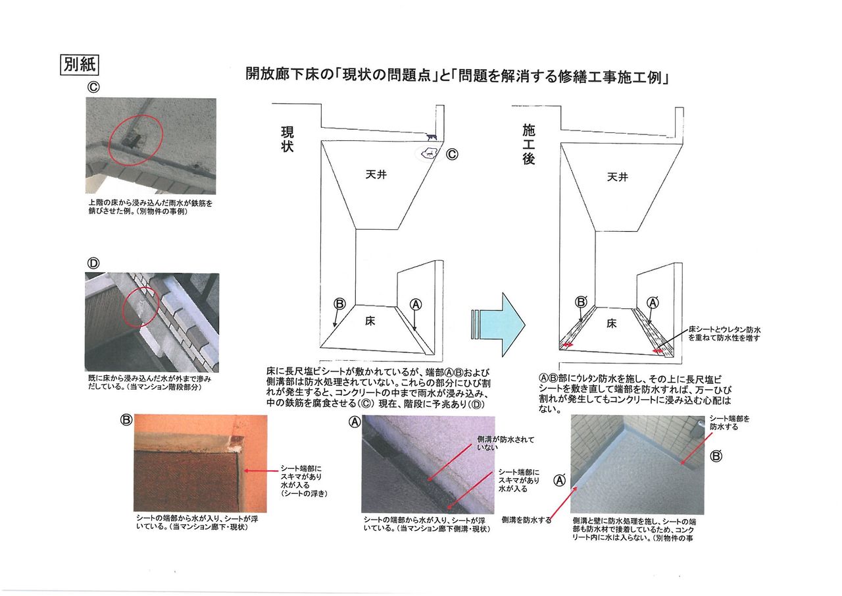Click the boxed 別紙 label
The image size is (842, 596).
click(x=80, y=65)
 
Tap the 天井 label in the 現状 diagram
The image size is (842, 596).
click(x=378, y=175)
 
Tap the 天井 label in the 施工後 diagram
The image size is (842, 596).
click(x=617, y=176)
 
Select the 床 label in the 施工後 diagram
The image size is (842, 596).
click(x=612, y=323)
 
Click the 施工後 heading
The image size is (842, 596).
click(x=529, y=145)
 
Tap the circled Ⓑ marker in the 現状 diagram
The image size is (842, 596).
click(x=339, y=304)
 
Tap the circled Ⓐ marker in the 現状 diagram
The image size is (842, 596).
click(x=415, y=304)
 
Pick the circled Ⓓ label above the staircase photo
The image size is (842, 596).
click(x=93, y=263)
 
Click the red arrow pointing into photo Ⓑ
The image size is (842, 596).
click(x=259, y=471)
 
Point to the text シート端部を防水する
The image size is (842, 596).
click(x=729, y=423)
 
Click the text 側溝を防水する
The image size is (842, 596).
click(x=526, y=520)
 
